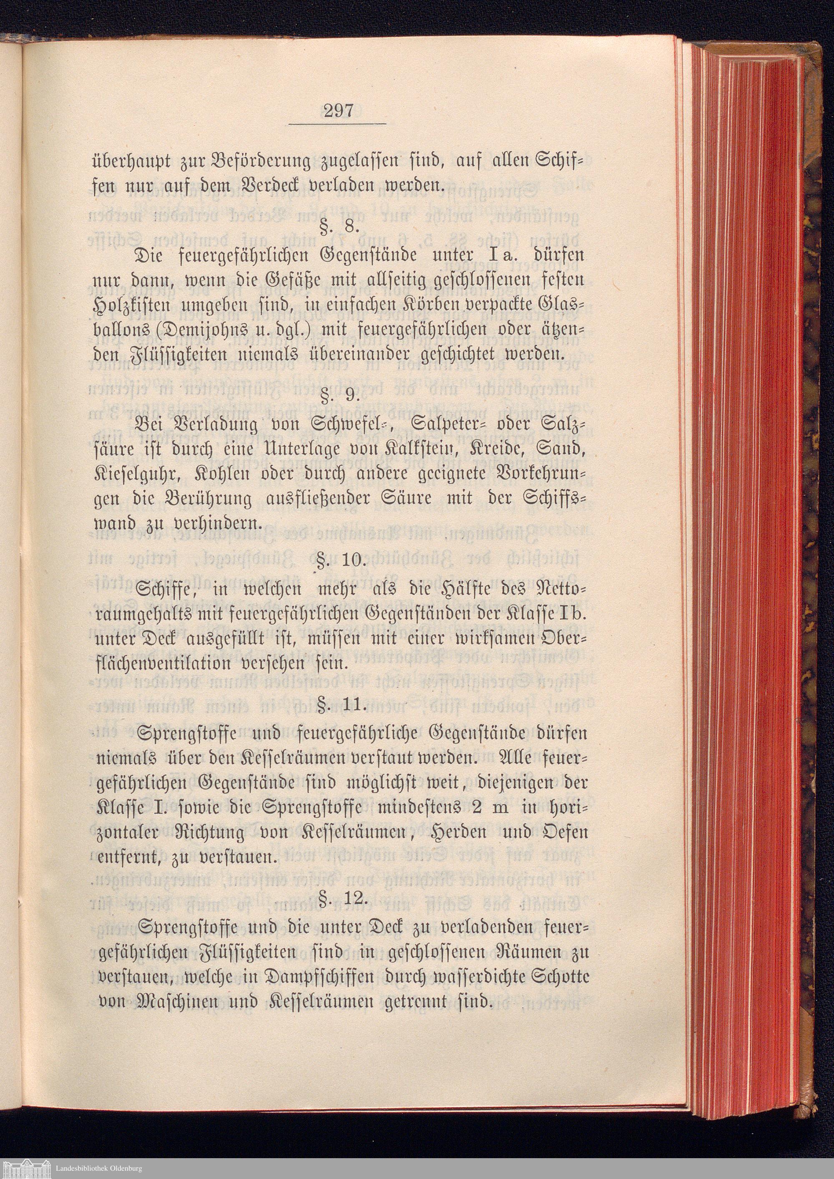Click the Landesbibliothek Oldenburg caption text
pyautogui.click(x=99, y=1168)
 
